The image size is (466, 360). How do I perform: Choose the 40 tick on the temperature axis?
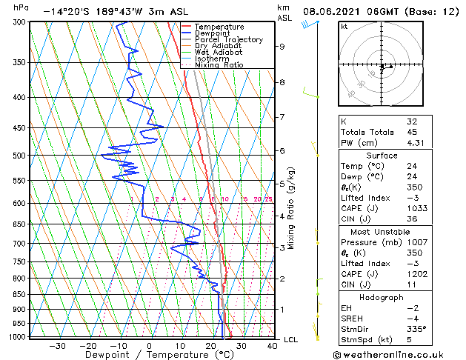pyautogui.click(x=272, y=345)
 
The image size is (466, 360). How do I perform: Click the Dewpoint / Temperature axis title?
pyautogui.click(x=150, y=355)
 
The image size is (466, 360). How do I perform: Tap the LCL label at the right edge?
pyautogui.click(x=292, y=339)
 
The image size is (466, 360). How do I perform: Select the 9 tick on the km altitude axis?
pyautogui.click(x=282, y=47)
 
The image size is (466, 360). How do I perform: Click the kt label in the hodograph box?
pyautogui.click(x=344, y=26)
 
